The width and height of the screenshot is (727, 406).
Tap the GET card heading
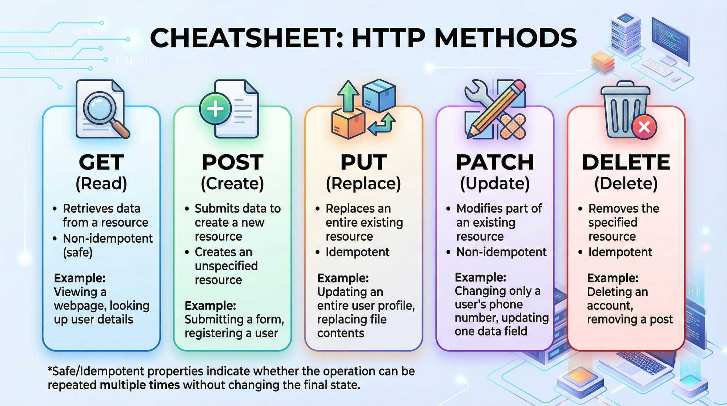pyautogui.click(x=101, y=162)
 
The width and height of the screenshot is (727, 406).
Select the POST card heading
pyautogui.click(x=233, y=162)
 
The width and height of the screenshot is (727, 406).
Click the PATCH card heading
pyautogui.click(x=495, y=162)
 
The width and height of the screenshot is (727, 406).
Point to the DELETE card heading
pyautogui.click(x=626, y=162)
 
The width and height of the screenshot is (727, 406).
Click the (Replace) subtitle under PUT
pyautogui.click(x=363, y=184)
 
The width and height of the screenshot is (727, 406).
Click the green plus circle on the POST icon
pyautogui.click(x=216, y=109)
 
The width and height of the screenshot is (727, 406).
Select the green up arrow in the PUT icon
pyautogui.click(x=348, y=95)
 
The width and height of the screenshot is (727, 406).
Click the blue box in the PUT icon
pyautogui.click(x=379, y=95)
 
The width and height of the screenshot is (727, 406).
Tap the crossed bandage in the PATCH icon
pyautogui.click(x=513, y=127)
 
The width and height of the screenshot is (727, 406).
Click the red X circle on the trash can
pyautogui.click(x=644, y=127)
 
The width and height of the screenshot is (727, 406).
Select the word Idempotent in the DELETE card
pyautogui.click(x=620, y=252)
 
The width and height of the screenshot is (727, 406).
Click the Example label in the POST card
pyautogui.click(x=210, y=305)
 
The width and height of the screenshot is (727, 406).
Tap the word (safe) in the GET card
pyautogui.click(x=78, y=252)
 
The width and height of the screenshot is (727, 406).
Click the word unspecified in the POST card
pyautogui.click(x=226, y=266)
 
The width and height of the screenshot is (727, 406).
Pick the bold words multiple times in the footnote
pyautogui.click(x=140, y=385)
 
